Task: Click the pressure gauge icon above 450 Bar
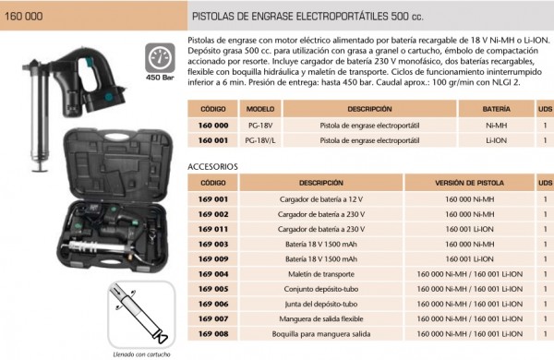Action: point(160,58)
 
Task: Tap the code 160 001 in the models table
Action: point(213,140)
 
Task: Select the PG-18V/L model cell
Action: point(260,140)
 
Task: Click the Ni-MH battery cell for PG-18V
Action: point(497,126)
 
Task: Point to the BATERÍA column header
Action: point(497,109)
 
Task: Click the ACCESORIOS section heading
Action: point(212,167)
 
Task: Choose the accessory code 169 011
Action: point(213,229)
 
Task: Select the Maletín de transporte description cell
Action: point(321,274)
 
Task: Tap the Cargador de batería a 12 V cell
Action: point(321,199)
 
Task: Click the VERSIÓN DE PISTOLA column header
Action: point(470,183)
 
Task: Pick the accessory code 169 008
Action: point(213,334)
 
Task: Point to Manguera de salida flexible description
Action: point(321,319)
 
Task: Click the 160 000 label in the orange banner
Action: point(24,17)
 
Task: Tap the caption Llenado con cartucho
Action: point(141,354)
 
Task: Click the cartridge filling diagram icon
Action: point(141,315)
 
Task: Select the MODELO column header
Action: point(260,109)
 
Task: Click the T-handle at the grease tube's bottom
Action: point(40,168)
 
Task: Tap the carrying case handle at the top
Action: point(116,137)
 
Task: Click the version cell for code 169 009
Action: point(470,259)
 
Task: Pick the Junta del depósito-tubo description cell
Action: point(321,305)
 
